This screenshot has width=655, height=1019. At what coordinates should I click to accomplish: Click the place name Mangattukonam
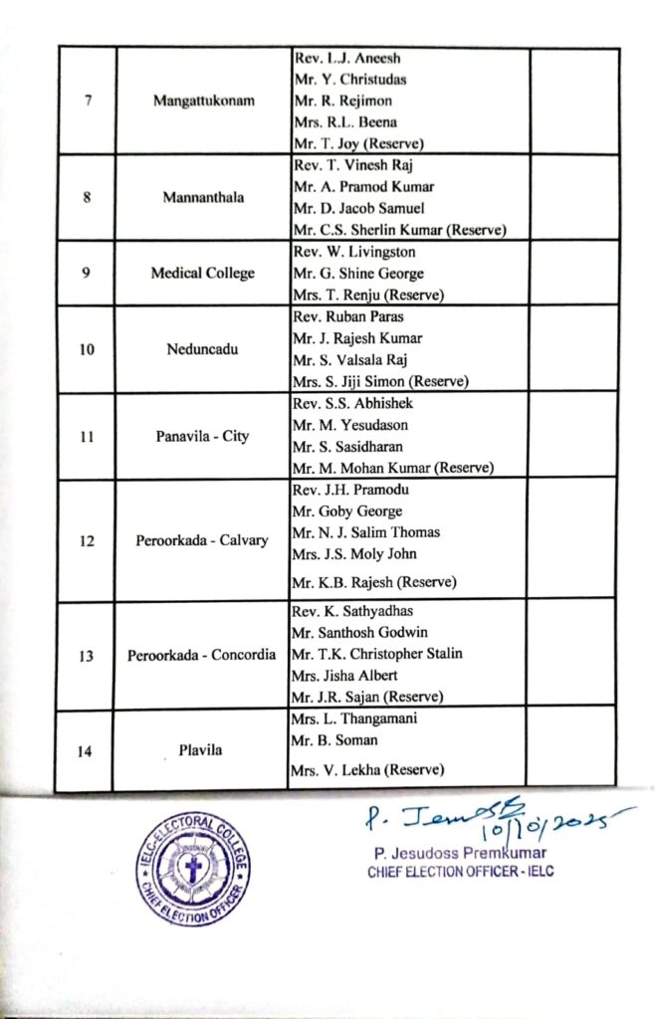point(202,101)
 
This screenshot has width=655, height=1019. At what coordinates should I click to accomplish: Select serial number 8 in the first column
point(88,197)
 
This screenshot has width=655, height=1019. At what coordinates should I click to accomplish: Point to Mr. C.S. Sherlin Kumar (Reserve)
point(399,230)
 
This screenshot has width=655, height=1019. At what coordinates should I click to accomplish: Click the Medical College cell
point(202,273)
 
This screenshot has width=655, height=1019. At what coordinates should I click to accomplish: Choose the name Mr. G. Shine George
point(357,273)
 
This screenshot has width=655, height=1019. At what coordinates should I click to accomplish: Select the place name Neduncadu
point(202,349)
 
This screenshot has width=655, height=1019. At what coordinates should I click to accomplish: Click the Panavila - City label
point(202,436)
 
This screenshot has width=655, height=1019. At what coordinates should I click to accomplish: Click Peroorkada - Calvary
point(202,540)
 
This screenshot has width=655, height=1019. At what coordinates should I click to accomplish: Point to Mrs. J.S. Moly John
point(353,553)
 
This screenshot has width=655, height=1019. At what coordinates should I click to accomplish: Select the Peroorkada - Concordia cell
point(202,656)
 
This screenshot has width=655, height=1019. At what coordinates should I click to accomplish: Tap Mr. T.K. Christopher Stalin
point(377,654)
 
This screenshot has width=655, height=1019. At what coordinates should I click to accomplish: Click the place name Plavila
point(202,750)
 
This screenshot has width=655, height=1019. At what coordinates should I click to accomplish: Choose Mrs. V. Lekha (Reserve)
point(367,769)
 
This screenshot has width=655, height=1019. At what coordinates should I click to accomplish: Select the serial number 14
point(87,750)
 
